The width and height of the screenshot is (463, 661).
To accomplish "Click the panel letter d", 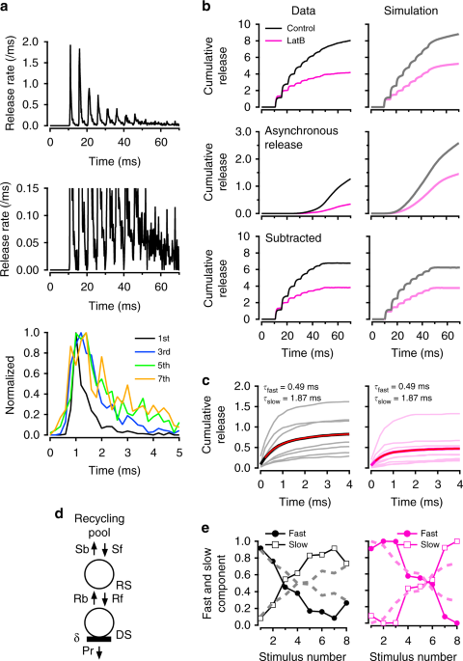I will tap(6, 501).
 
